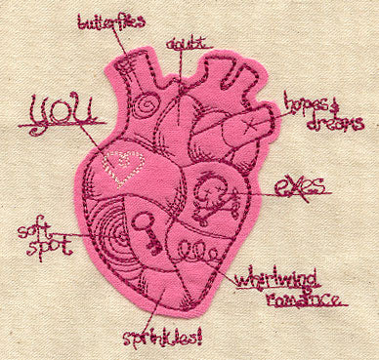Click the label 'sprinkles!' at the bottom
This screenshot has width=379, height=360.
(x=160, y=339)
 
